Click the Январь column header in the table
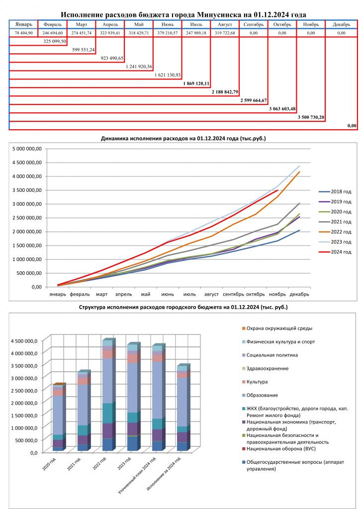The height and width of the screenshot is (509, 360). tap(24, 25)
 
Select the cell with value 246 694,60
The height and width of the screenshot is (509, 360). tap(53, 33)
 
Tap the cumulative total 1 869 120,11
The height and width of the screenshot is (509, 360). tap(196, 84)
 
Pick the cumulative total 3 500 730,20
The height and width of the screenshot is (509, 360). tap(311, 117)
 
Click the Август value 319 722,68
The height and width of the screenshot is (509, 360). tap(225, 33)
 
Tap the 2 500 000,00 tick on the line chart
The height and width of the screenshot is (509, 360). tap(27, 218)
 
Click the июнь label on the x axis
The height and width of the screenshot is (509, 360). tap(168, 294)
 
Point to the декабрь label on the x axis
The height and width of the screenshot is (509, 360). tap(299, 294)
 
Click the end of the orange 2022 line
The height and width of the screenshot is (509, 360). tap(299, 171)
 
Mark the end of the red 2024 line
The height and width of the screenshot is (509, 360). tap(277, 190)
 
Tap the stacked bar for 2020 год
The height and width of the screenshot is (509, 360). tap(59, 417)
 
